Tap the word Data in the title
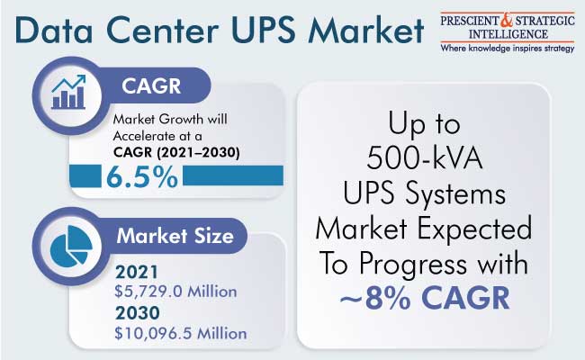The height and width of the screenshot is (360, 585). point(54,30)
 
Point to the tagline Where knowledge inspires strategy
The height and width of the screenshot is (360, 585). point(508,49)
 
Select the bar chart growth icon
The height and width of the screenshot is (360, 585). point(68,92)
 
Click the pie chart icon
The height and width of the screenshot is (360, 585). point(70,246)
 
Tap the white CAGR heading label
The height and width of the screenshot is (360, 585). point(151,86)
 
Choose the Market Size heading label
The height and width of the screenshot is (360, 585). point(175,236)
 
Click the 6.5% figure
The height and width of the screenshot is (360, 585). point(142,176)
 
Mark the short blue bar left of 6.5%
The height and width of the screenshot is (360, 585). point(85,176)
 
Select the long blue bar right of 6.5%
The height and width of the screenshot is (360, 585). point(233,175)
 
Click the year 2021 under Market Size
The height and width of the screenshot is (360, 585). point(137,273)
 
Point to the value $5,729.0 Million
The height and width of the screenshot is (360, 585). point(175,292)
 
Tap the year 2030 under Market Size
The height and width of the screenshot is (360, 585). point(138,313)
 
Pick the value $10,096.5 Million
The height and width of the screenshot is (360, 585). point(181,334)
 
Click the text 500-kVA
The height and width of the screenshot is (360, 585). point(424,158)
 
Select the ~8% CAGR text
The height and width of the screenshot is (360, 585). point(425,299)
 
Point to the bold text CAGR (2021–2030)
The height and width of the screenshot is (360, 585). point(176,152)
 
